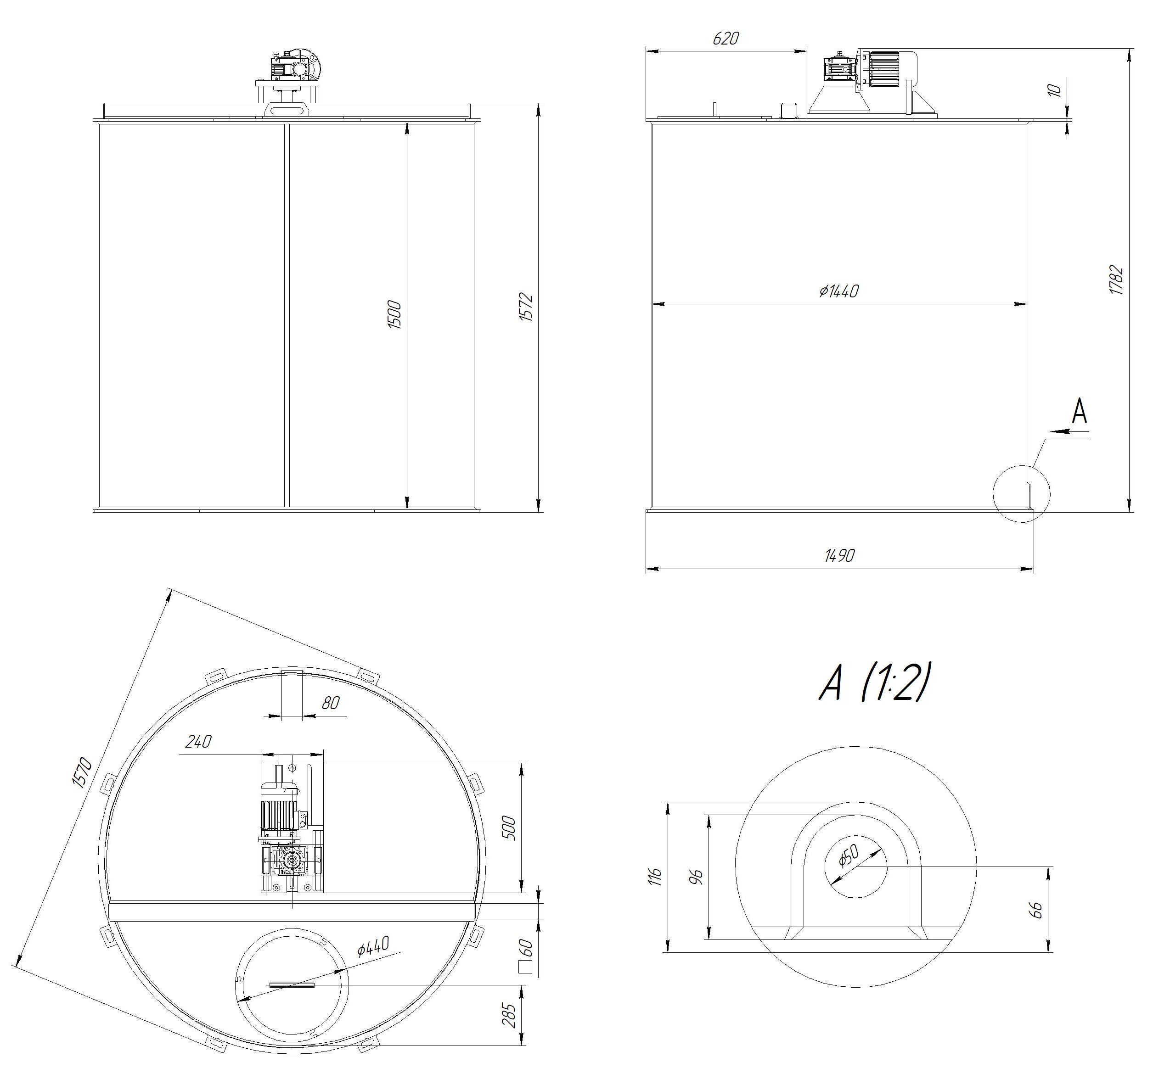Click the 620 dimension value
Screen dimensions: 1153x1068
coord(726,39)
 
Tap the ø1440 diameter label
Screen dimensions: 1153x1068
coord(839,291)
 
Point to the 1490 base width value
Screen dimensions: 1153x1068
coord(839,555)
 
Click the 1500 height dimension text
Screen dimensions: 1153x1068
coord(394,314)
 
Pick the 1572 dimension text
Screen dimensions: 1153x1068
coord(526,308)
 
